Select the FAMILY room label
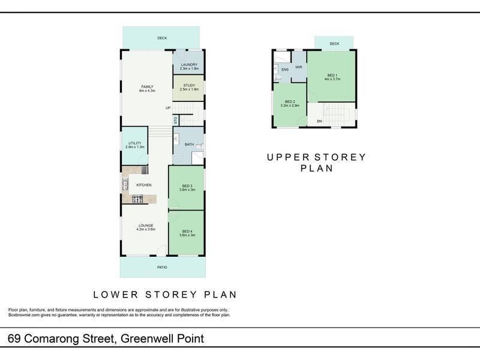click(x=147, y=87)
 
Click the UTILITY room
click(x=134, y=145)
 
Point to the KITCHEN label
click(x=143, y=185)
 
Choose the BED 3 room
click(x=187, y=188)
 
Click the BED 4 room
click(x=187, y=233)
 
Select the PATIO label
click(x=162, y=267)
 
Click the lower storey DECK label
click(x=162, y=38)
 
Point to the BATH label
click(x=188, y=145)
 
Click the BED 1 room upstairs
click(x=332, y=76)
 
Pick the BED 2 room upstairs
click(x=290, y=104)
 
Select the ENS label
click(x=284, y=70)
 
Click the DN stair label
click(x=319, y=121)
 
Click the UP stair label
click(x=169, y=108)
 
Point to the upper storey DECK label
click(x=334, y=44)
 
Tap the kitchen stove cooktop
click(x=137, y=199)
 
